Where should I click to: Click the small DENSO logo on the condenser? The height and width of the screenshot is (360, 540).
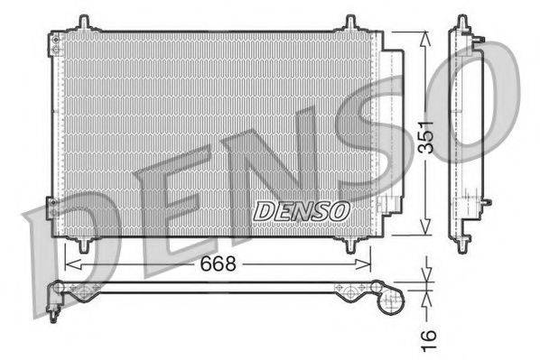[x=301, y=210]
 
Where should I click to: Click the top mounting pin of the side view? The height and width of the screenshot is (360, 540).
[x=463, y=23]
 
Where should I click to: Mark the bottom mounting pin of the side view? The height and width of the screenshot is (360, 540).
[x=463, y=242]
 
